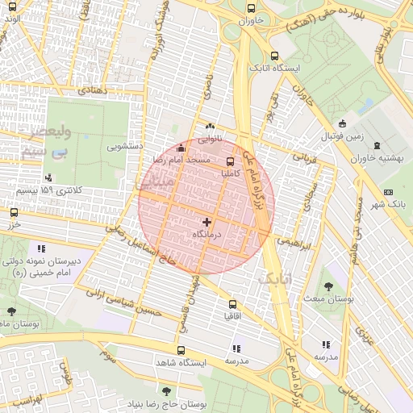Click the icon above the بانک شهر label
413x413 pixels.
click(389, 192)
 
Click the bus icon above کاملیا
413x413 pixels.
click(232, 160)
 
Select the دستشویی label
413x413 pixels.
click(125, 148)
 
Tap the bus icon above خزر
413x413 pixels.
click(14, 212)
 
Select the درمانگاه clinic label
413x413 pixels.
click(206, 233)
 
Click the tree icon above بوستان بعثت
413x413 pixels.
click(328, 286)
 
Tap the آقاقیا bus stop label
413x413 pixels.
click(235, 316)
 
